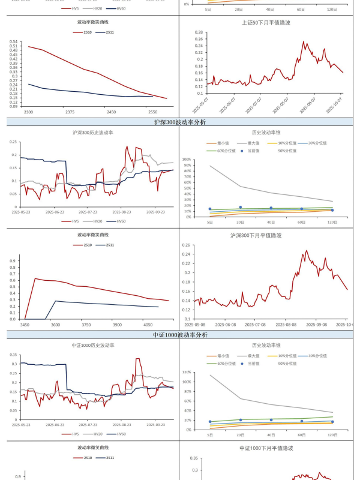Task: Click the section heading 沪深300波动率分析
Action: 180,122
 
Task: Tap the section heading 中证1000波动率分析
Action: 180,335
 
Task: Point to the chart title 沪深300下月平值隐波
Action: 265,235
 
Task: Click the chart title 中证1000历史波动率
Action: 92,346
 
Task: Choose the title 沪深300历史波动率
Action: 92,132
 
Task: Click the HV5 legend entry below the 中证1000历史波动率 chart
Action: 72,434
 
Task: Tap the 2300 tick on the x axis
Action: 28,112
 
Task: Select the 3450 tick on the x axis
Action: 25,325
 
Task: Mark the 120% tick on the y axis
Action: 187,372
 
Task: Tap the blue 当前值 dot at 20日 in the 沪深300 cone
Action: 240,207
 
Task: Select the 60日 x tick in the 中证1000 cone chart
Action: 302,435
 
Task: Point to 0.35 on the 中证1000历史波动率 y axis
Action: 14,354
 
